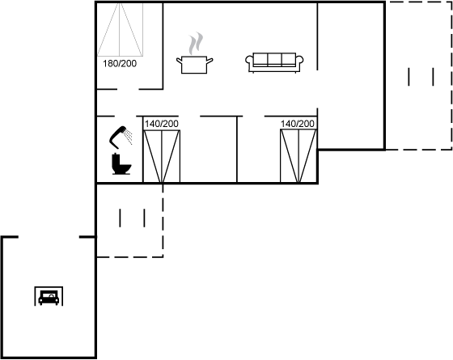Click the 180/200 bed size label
tap(120, 64)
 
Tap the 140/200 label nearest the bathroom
tap(162, 124)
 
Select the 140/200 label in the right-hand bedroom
tap(298, 124)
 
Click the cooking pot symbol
tap(194, 65)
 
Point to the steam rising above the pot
tap(196, 44)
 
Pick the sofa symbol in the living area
tap(274, 62)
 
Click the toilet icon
tap(121, 163)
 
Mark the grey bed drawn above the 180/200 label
tap(120, 29)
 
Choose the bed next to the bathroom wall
tap(162, 156)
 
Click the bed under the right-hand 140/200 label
tap(298, 156)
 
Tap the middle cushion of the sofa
tap(274, 59)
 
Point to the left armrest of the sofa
tap(249, 62)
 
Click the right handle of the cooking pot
tap(210, 61)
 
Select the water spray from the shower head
tap(129, 138)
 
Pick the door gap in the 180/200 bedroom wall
tap(128, 89)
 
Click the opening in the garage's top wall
tap(49, 237)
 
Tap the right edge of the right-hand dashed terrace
tap(451, 76)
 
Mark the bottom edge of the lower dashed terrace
tap(129, 256)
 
